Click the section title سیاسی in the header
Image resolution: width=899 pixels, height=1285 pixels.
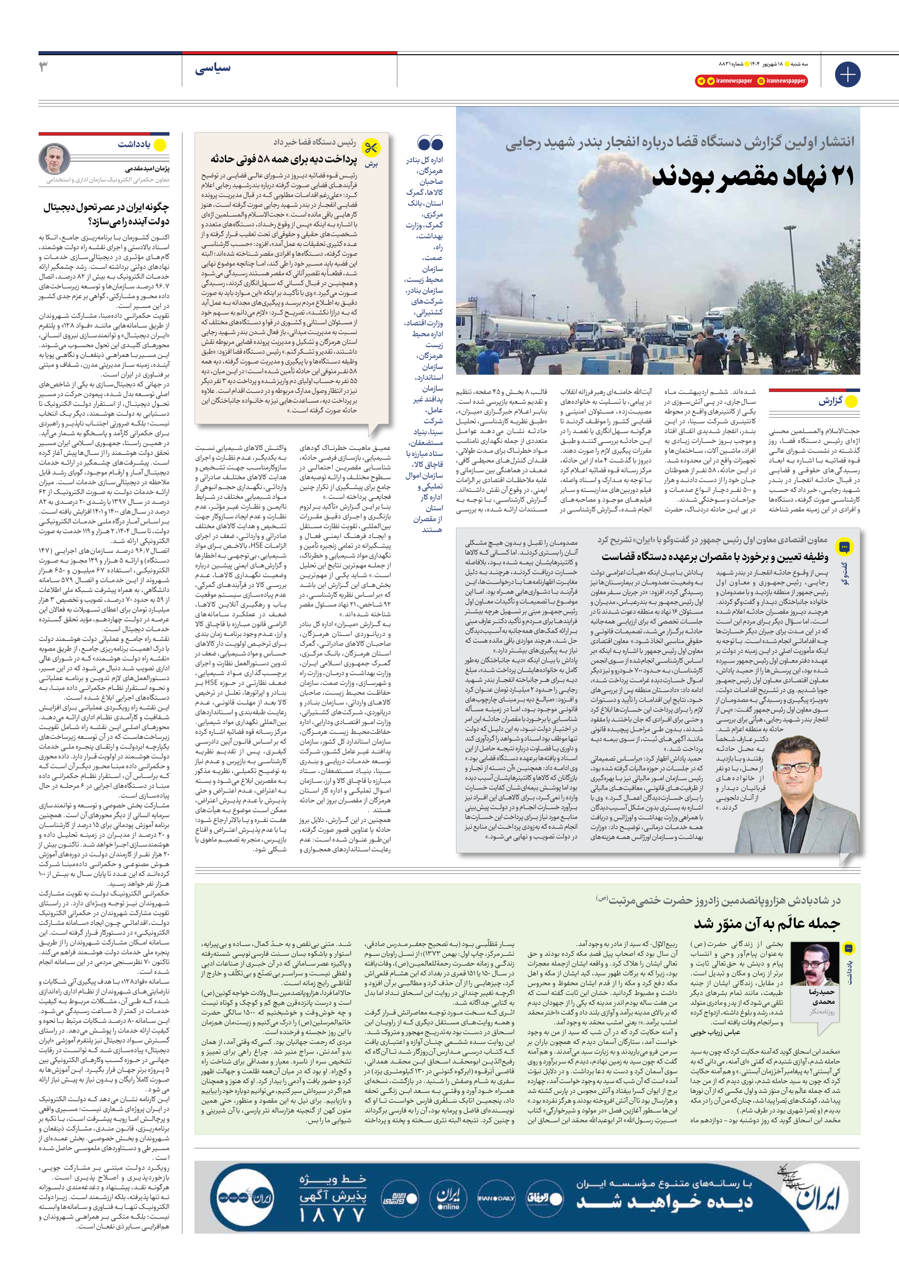click(x=213, y=68)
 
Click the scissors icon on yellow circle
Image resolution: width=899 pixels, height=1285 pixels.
click(x=370, y=148)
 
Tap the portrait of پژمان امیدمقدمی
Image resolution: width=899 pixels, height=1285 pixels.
click(x=54, y=159)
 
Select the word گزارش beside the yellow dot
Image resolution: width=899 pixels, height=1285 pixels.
click(x=830, y=401)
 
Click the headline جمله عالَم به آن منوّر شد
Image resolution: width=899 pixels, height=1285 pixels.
click(x=766, y=923)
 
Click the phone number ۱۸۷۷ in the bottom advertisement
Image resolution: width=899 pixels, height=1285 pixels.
click(x=332, y=1214)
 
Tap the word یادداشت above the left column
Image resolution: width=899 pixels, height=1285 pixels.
click(x=134, y=144)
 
